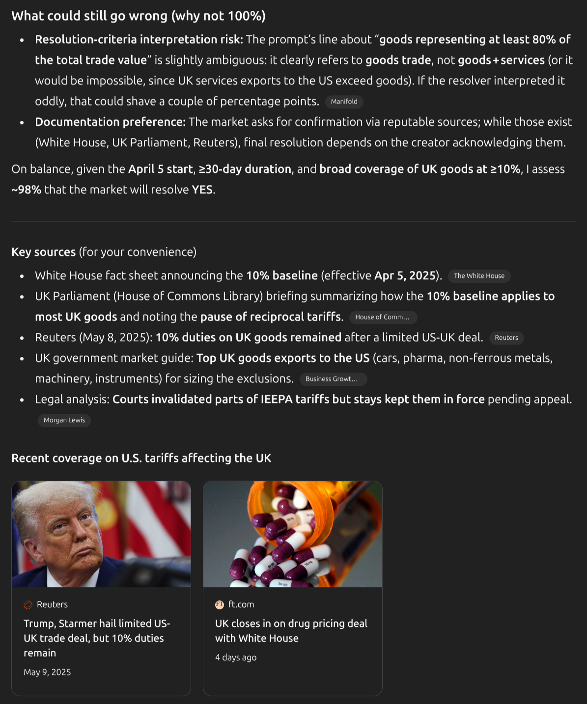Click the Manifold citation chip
coord(344,102)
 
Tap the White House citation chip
coord(479,276)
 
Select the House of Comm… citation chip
coord(383,317)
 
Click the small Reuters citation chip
coord(506,338)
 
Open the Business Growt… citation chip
coord(333,379)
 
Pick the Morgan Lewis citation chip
coord(64,420)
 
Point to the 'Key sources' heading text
coord(43,252)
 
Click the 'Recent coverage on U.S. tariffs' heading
coord(141,458)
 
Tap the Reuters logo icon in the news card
coord(28,605)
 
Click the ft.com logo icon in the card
coord(220,605)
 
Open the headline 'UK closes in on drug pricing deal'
coord(291,631)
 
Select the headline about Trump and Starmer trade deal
coord(97,638)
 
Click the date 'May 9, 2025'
coord(47,672)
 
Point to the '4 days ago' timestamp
coord(236,657)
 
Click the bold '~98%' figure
coord(26,190)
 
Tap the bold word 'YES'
coord(202,190)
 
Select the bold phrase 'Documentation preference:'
coord(110,122)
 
